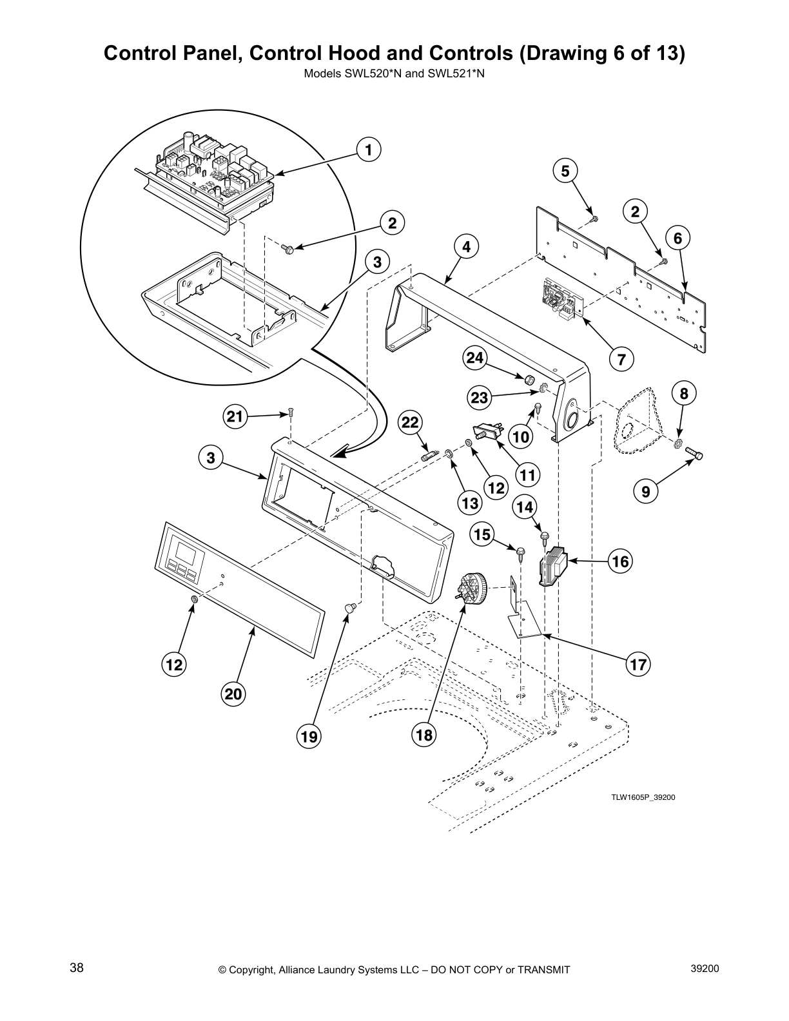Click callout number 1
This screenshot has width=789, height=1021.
pyautogui.click(x=367, y=150)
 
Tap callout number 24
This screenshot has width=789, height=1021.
pyautogui.click(x=475, y=358)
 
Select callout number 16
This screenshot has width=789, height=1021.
pyautogui.click(x=620, y=561)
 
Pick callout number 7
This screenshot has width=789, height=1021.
pyautogui.click(x=621, y=360)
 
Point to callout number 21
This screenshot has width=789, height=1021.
pyautogui.click(x=235, y=417)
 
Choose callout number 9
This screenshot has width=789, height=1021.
pyautogui.click(x=645, y=492)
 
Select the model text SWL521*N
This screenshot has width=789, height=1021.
pyautogui.click(x=460, y=73)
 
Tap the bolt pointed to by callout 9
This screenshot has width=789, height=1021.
pyautogui.click(x=694, y=454)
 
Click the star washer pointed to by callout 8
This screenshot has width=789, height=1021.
pyautogui.click(x=679, y=443)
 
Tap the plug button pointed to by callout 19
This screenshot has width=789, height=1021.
pyautogui.click(x=350, y=606)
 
